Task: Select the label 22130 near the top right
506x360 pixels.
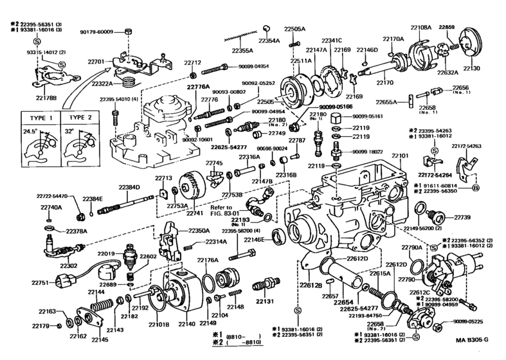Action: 472,67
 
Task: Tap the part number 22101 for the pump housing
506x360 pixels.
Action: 401,156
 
